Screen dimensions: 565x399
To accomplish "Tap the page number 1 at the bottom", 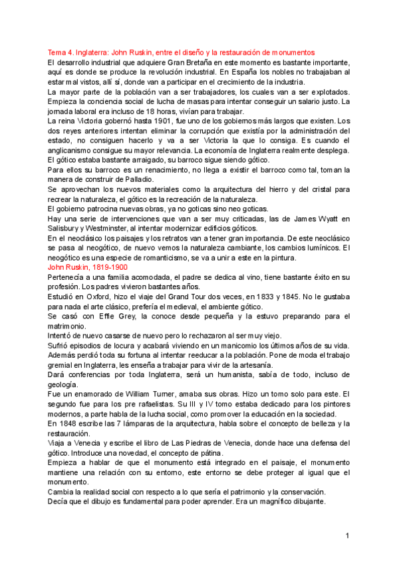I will point(347,536).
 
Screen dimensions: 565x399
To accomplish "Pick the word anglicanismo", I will point(72,151).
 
